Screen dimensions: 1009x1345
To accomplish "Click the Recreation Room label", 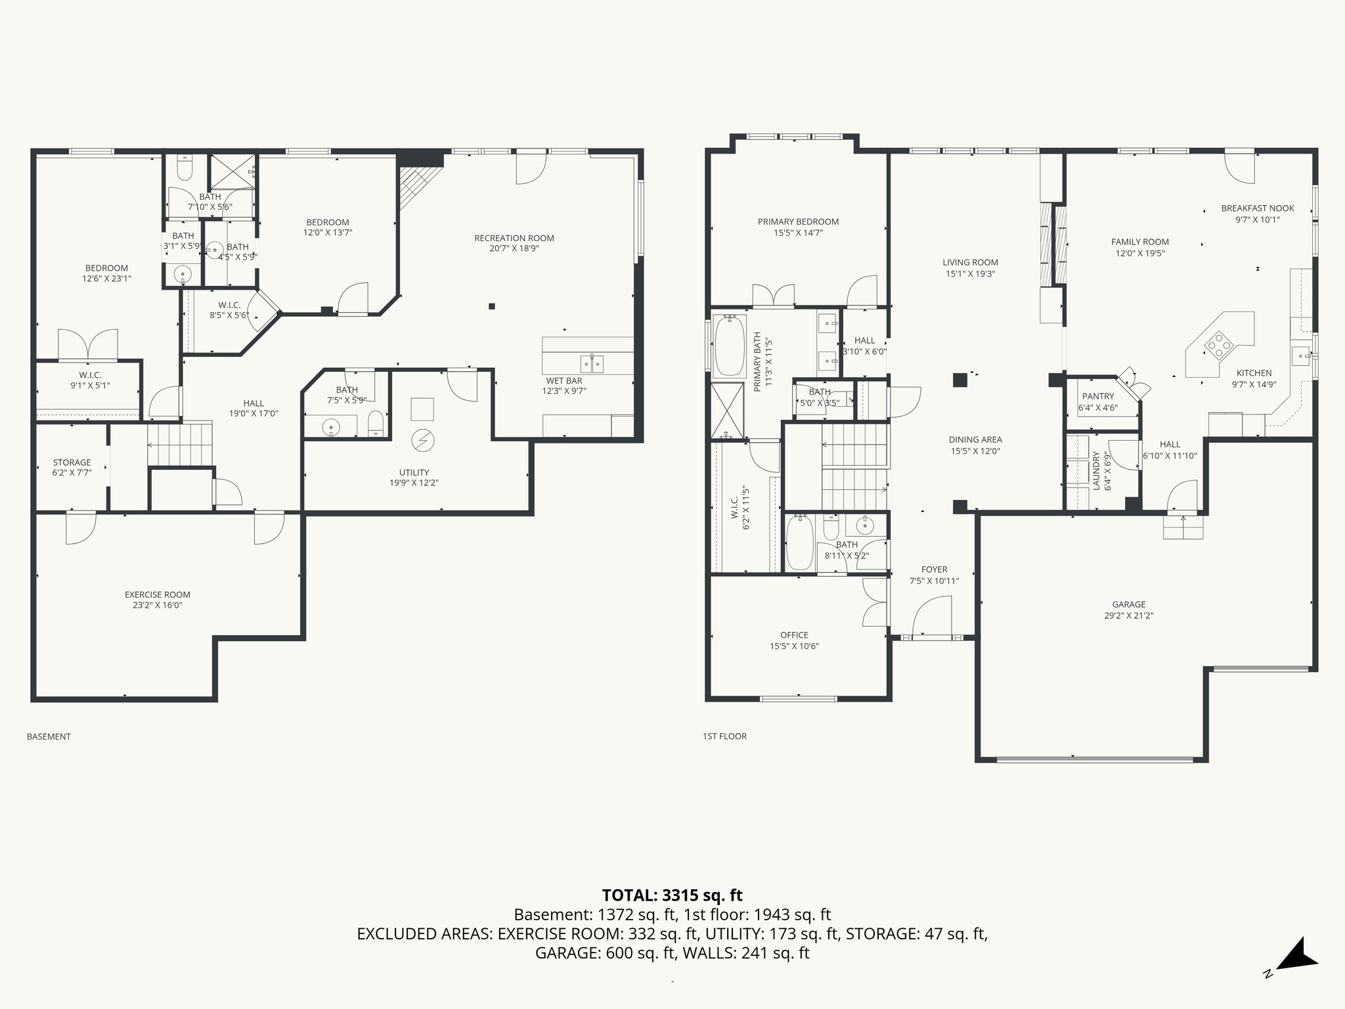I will [x=514, y=238].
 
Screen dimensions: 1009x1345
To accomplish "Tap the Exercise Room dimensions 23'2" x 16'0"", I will [x=157, y=606].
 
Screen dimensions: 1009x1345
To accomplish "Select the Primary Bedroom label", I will [x=798, y=221].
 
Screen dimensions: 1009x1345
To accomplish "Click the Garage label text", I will [x=1128, y=604].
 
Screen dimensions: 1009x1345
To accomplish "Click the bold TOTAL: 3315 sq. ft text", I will [x=672, y=895].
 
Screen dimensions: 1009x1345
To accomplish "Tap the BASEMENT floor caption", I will [x=49, y=736].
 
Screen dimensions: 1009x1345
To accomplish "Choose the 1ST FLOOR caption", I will [x=724, y=736].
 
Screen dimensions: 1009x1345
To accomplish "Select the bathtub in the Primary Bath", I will [x=728, y=346].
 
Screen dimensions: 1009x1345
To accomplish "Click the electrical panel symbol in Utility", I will [x=420, y=440].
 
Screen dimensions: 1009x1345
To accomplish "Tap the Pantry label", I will [x=1098, y=396].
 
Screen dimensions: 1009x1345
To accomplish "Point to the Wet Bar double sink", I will [x=592, y=363].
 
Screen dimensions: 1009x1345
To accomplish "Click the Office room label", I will [x=794, y=635].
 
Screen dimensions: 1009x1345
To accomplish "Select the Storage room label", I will [x=72, y=462].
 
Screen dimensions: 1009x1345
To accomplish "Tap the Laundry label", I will [x=1095, y=470].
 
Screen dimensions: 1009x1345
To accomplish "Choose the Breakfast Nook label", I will [x=1257, y=208].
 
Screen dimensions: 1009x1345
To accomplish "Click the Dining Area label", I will [x=975, y=439].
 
